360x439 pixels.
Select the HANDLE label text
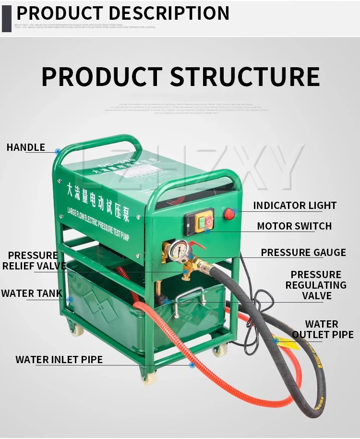pos(26,147)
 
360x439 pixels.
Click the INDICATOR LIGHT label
pos(295,206)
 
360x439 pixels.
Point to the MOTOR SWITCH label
pos(294,226)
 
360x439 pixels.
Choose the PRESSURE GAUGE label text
pos(303,253)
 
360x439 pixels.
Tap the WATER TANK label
pos(32,293)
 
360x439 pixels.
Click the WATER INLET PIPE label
pos(59,360)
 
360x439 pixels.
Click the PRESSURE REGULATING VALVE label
pos(316,285)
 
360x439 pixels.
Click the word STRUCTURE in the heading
pos(245,77)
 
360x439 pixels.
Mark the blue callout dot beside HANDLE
pos(58,151)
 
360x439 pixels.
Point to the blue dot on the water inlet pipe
pos(192,366)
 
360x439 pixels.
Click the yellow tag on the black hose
pos(286,342)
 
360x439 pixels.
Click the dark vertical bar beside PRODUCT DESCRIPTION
pos(6,16)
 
